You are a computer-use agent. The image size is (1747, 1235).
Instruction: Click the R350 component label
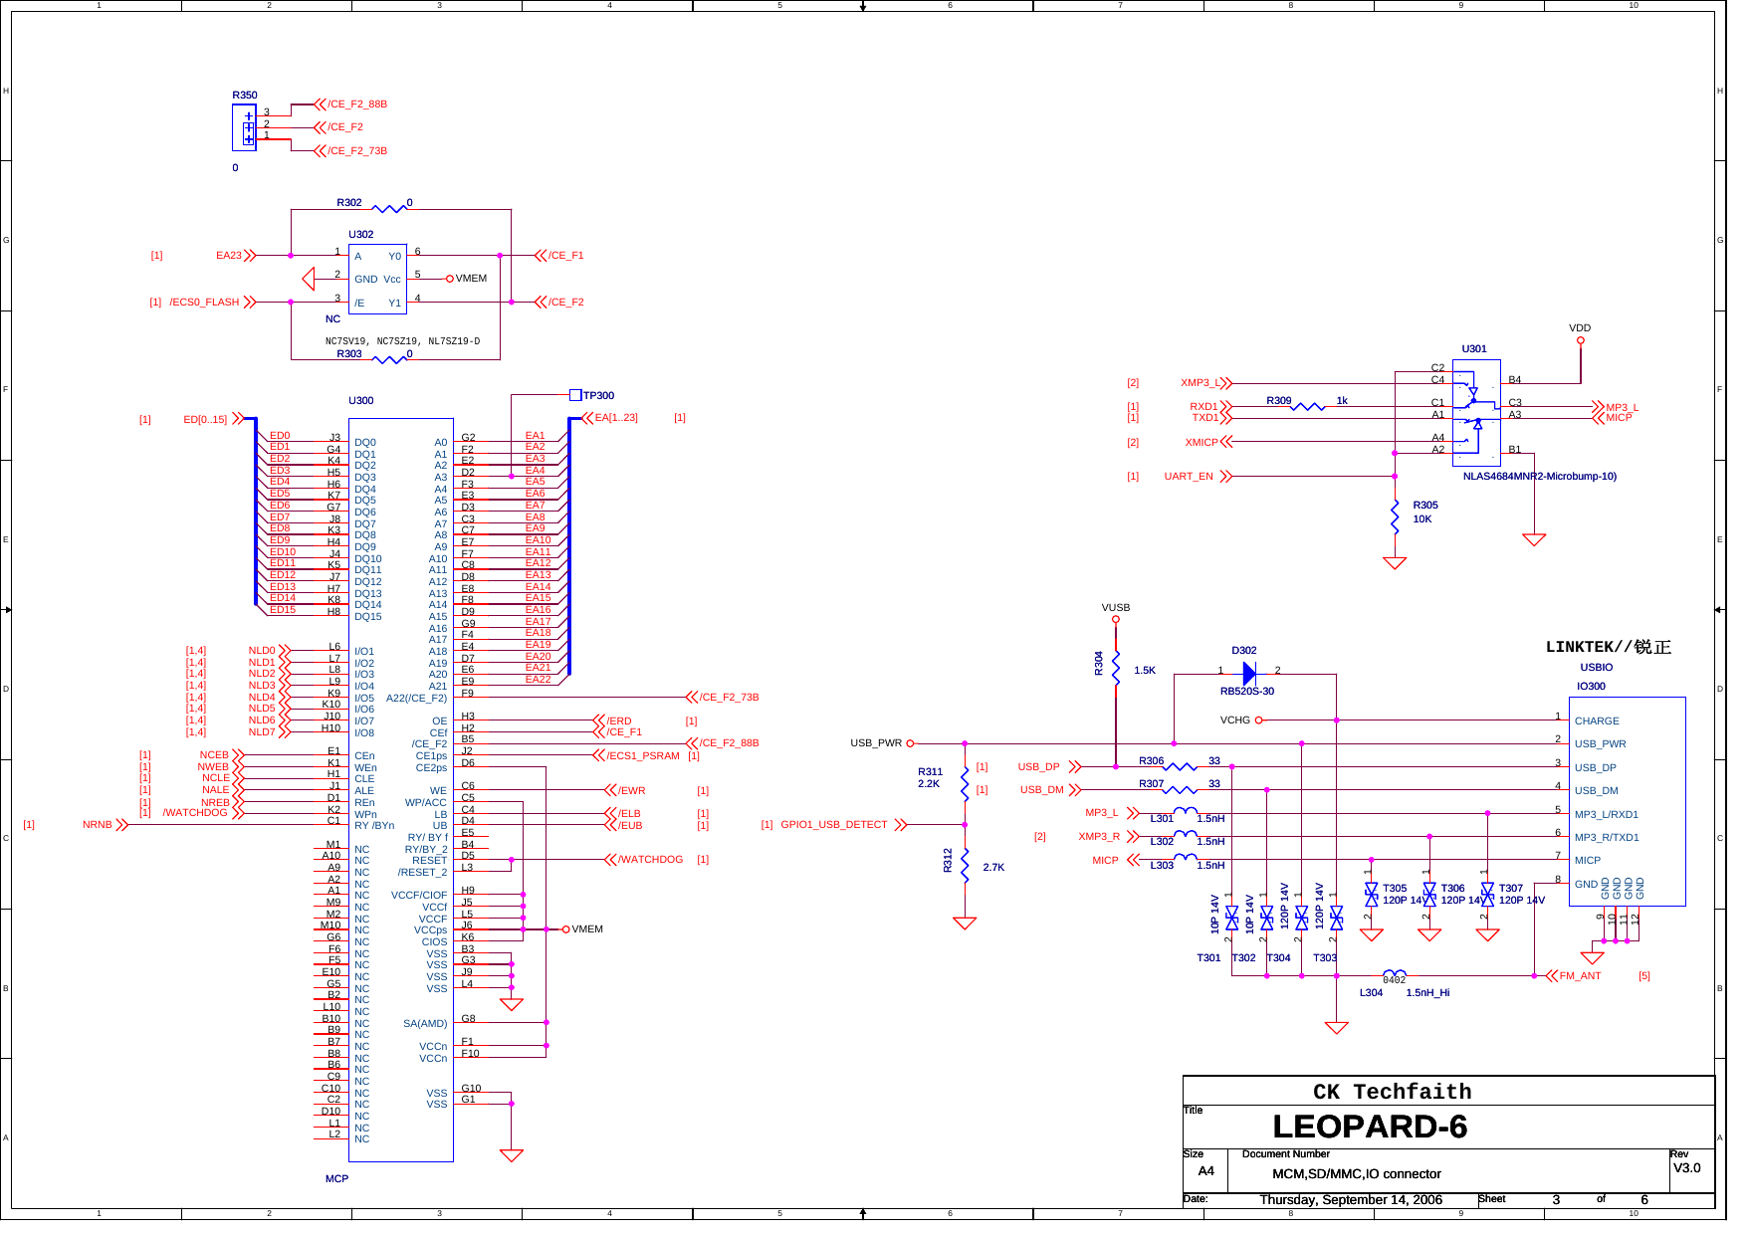tap(244, 96)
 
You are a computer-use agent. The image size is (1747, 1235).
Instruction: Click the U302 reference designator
tap(360, 235)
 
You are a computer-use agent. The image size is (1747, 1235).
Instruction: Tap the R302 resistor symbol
tap(389, 208)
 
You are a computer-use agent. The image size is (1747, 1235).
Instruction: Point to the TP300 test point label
tap(598, 396)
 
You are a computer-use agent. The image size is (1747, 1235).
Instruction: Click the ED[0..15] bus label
tap(205, 420)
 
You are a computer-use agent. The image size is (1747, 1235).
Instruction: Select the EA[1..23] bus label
tap(615, 418)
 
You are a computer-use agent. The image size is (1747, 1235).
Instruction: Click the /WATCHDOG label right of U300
tap(650, 860)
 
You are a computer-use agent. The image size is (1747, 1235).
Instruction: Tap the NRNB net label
tap(97, 825)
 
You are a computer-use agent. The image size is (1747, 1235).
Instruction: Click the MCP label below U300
tap(336, 1179)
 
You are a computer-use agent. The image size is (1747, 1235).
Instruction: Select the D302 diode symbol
tap(1249, 675)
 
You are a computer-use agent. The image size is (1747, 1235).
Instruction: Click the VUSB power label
tap(1115, 608)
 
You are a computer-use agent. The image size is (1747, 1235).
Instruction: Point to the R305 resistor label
tap(1424, 506)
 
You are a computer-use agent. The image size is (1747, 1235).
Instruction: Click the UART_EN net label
tap(1189, 477)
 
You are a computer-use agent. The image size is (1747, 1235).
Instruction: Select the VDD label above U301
tap(1580, 328)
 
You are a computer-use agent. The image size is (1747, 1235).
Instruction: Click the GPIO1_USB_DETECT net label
tap(833, 825)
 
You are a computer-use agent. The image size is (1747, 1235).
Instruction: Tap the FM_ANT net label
tap(1580, 976)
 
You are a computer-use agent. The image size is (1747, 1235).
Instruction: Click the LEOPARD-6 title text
tap(1370, 1128)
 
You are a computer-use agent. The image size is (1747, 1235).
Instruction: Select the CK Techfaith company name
tap(1392, 1092)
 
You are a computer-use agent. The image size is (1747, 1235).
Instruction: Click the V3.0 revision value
tap(1686, 1168)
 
